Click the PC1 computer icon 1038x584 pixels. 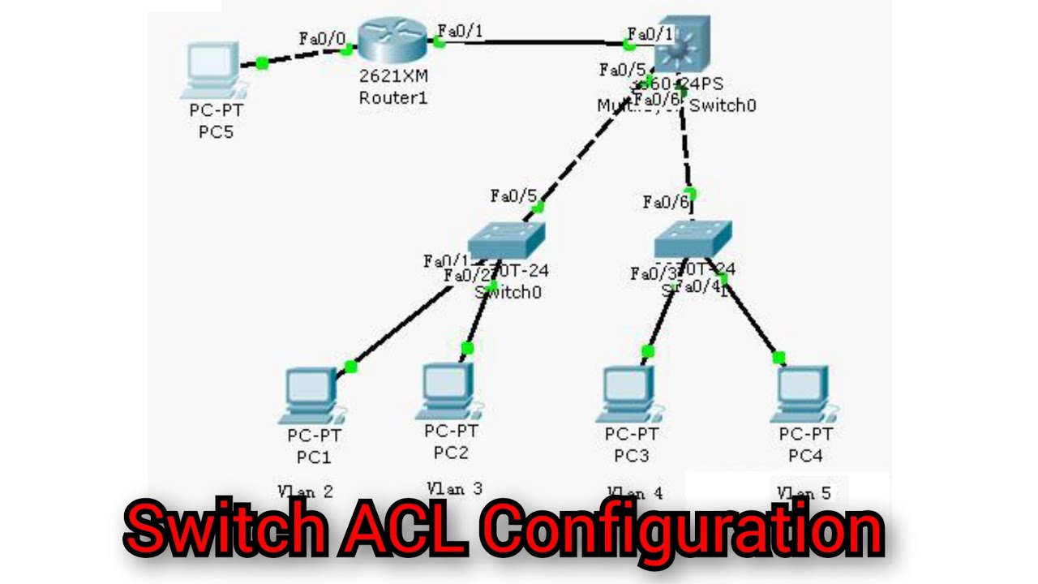point(313,395)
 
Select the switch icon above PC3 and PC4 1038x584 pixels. point(693,238)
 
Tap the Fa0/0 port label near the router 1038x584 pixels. point(322,38)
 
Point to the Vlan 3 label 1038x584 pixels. point(454,488)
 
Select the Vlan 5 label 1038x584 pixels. point(803,492)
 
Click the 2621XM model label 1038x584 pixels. point(392,78)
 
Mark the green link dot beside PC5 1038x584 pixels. point(261,62)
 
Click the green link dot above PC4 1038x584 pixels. point(778,357)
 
